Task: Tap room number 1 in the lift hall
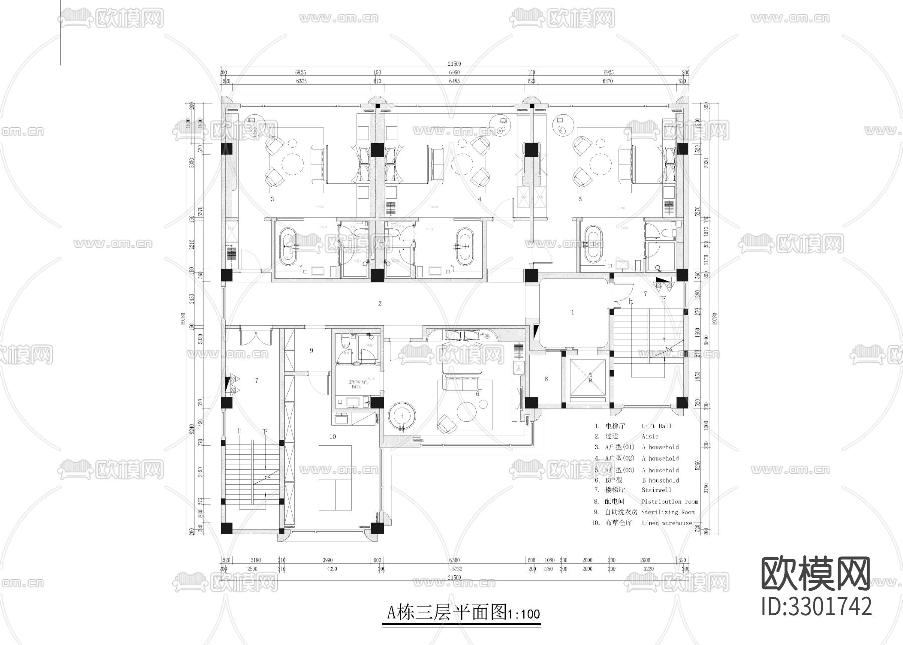pos(573,312)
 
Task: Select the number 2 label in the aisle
pos(380,303)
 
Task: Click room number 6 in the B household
pos(478,394)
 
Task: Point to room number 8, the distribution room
pos(546,379)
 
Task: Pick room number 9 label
pos(311,350)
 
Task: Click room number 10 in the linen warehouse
pos(332,437)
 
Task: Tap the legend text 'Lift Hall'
pos(656,426)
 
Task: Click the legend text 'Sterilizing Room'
pos(668,512)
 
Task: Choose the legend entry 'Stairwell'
pos(656,490)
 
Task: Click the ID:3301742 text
pos(816,606)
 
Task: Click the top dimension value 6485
pos(454,81)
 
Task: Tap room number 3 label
pos(272,199)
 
